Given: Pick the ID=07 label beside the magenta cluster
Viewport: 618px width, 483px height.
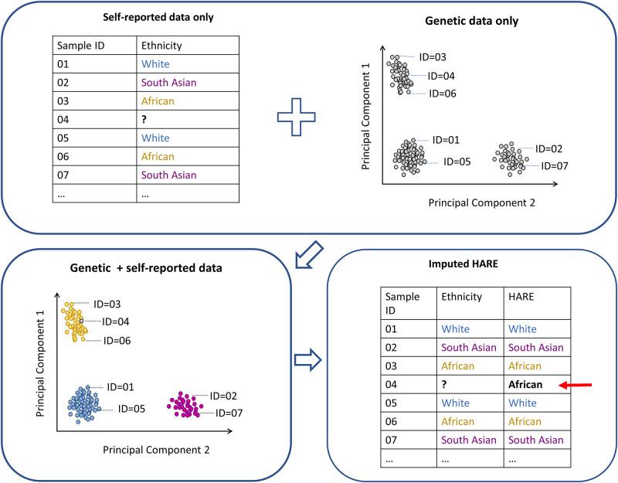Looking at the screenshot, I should [x=229, y=413].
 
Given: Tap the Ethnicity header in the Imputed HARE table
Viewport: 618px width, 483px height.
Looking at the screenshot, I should [x=461, y=297].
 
